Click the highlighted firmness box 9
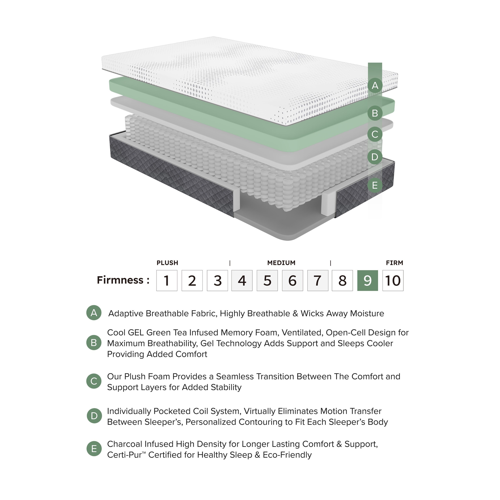[x=367, y=281]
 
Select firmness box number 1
[x=167, y=281]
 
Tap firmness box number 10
[x=393, y=281]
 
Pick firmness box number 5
[x=267, y=281]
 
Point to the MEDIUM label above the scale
[x=281, y=263]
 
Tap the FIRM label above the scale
[x=394, y=263]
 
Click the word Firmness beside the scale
[x=120, y=280]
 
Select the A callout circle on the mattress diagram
[x=375, y=85]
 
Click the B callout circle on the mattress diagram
[x=375, y=113]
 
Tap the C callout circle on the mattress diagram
[x=375, y=134]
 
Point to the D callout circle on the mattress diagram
[x=375, y=157]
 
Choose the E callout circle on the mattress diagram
[x=375, y=185]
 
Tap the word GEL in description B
[x=136, y=333]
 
